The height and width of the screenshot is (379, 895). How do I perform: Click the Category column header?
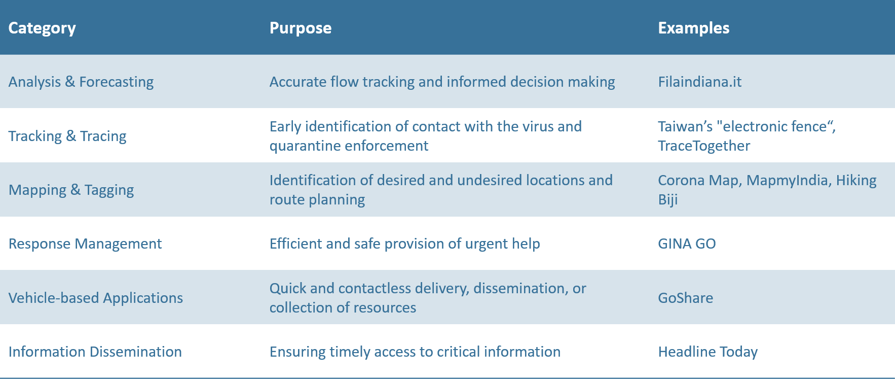42,28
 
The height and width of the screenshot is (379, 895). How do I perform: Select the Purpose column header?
301,28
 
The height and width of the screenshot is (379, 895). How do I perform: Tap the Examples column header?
694,28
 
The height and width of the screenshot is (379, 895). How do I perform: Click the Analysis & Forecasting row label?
81,82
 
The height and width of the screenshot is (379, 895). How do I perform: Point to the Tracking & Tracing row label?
67,136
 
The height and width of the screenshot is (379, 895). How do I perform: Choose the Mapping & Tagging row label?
71,190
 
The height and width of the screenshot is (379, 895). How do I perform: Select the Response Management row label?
85,244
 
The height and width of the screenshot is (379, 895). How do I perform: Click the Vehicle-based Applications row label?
96,298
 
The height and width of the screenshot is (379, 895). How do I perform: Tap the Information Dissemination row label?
95,352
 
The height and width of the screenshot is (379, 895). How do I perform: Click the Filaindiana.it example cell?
700,82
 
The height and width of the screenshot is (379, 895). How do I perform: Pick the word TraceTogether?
704,146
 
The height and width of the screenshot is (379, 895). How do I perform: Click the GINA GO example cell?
687,244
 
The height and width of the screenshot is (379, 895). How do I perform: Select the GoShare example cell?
686,298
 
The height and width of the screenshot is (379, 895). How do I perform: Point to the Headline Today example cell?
708,352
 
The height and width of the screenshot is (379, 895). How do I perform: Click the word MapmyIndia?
788,181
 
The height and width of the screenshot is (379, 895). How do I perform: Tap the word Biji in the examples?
668,200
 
